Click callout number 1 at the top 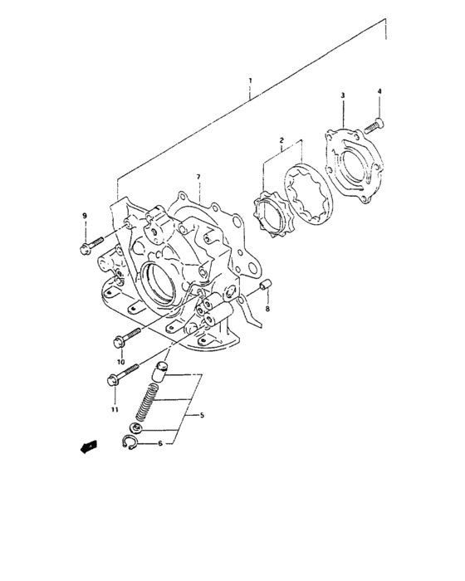[x=250, y=81]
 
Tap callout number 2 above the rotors [x=281, y=141]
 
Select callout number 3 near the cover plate [x=343, y=97]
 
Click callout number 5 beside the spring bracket [x=196, y=415]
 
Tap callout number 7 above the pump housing [x=198, y=178]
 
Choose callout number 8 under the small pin [x=267, y=309]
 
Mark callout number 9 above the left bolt [x=84, y=217]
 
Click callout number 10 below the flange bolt [x=120, y=362]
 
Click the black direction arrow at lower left [x=85, y=448]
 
